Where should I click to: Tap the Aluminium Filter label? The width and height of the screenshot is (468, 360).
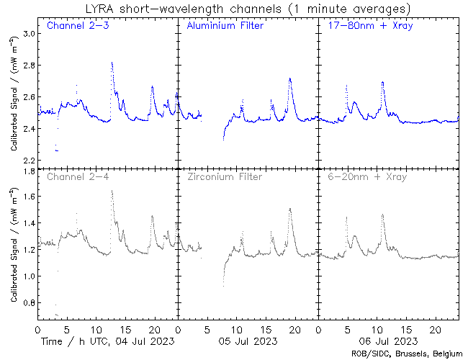point(225,27)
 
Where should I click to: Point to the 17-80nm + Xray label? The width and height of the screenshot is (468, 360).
point(365,27)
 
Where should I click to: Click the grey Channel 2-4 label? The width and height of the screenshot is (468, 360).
point(78,176)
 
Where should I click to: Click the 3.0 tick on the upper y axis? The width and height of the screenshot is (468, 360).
point(28,34)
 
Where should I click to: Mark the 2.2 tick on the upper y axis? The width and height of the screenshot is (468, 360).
point(28,160)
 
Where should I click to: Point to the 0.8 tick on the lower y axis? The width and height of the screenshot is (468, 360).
point(28,303)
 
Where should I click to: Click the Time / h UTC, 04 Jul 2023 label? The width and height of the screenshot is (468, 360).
point(108,340)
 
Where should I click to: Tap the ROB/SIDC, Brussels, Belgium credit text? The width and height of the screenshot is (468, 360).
point(407,353)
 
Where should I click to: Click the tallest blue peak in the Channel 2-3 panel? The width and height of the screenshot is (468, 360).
point(112,63)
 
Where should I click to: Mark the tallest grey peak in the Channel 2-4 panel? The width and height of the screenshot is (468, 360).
point(112,191)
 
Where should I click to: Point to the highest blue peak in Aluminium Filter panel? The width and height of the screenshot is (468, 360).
point(289,78)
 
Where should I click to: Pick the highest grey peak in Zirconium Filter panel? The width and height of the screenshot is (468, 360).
point(289,209)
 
